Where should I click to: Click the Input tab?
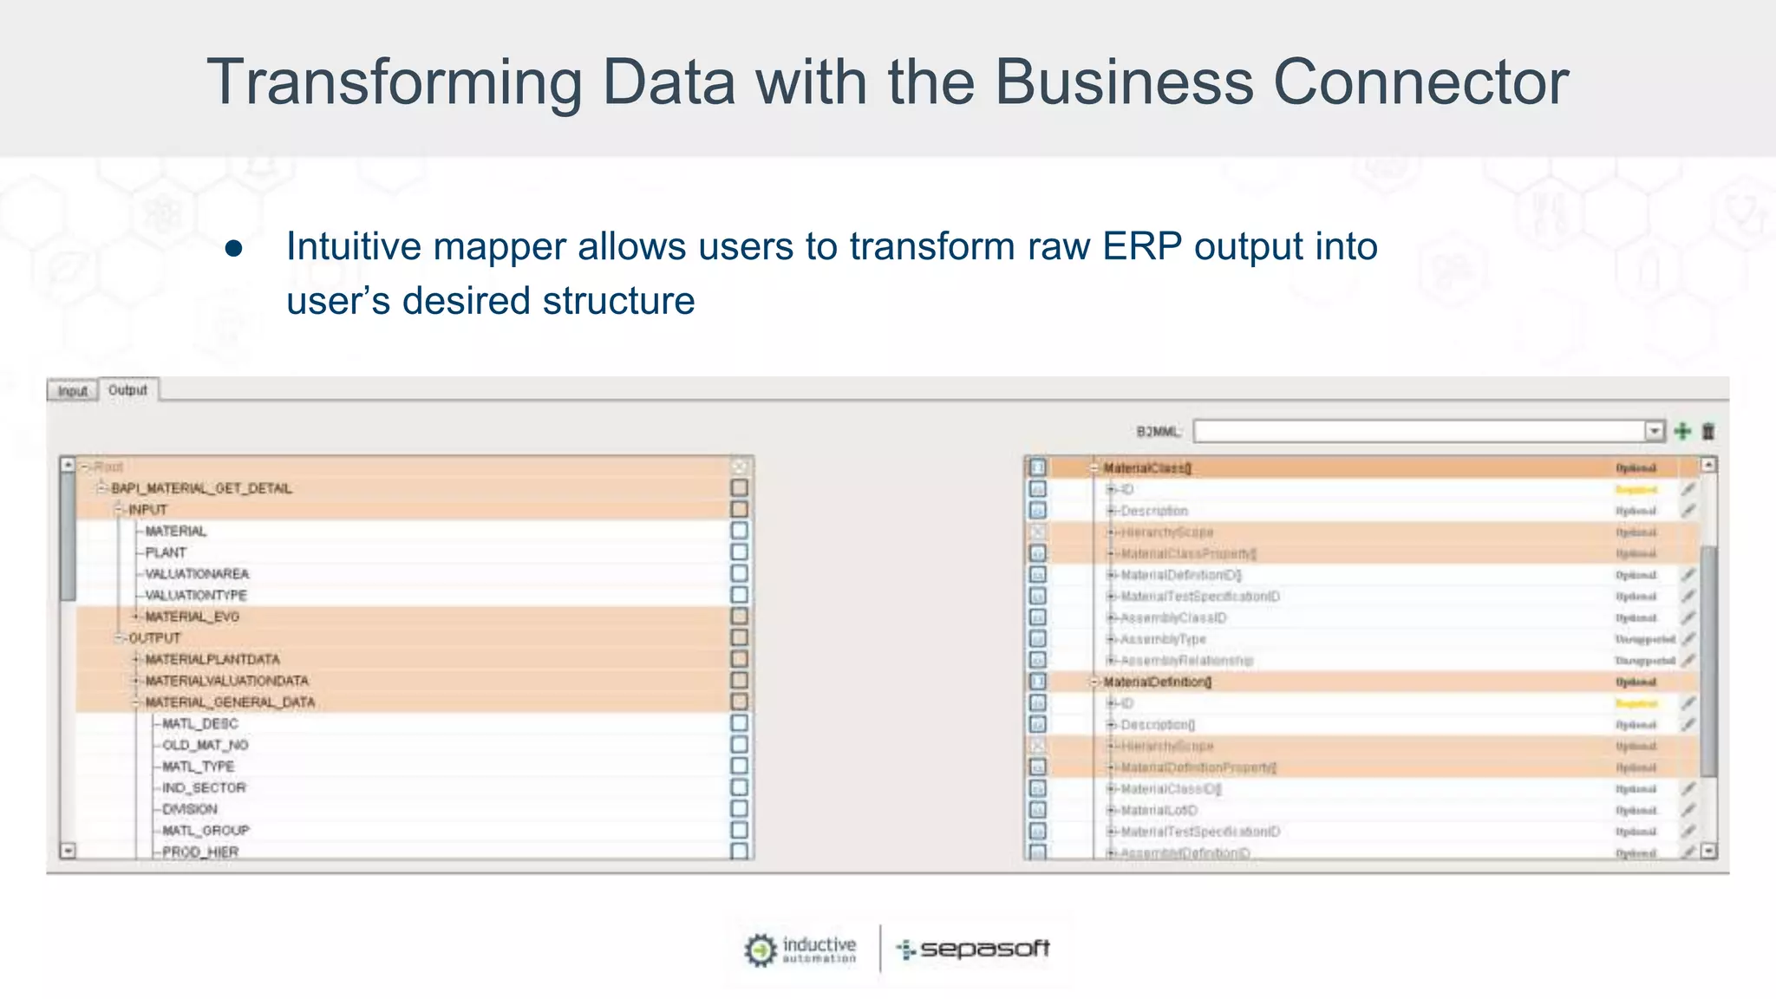(x=73, y=391)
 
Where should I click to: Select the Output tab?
(x=128, y=390)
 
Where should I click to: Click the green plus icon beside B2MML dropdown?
(x=1682, y=431)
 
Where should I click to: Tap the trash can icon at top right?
(x=1708, y=431)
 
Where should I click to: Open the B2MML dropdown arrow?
(x=1655, y=431)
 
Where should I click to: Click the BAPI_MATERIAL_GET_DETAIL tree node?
(x=201, y=488)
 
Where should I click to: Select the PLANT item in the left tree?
(x=166, y=552)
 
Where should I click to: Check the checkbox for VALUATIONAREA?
(x=739, y=573)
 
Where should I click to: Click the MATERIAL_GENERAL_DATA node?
(x=230, y=702)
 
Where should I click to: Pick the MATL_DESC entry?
(x=200, y=723)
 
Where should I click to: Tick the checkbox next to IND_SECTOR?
(x=739, y=787)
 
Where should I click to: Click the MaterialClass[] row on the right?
(x=1147, y=468)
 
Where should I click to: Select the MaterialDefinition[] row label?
(x=1158, y=682)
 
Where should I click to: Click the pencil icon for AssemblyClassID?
(x=1688, y=617)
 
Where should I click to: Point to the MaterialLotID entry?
(x=1159, y=810)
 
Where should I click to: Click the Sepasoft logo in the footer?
(x=973, y=949)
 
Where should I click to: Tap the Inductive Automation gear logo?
(x=761, y=950)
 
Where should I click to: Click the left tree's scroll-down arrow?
(x=68, y=851)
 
